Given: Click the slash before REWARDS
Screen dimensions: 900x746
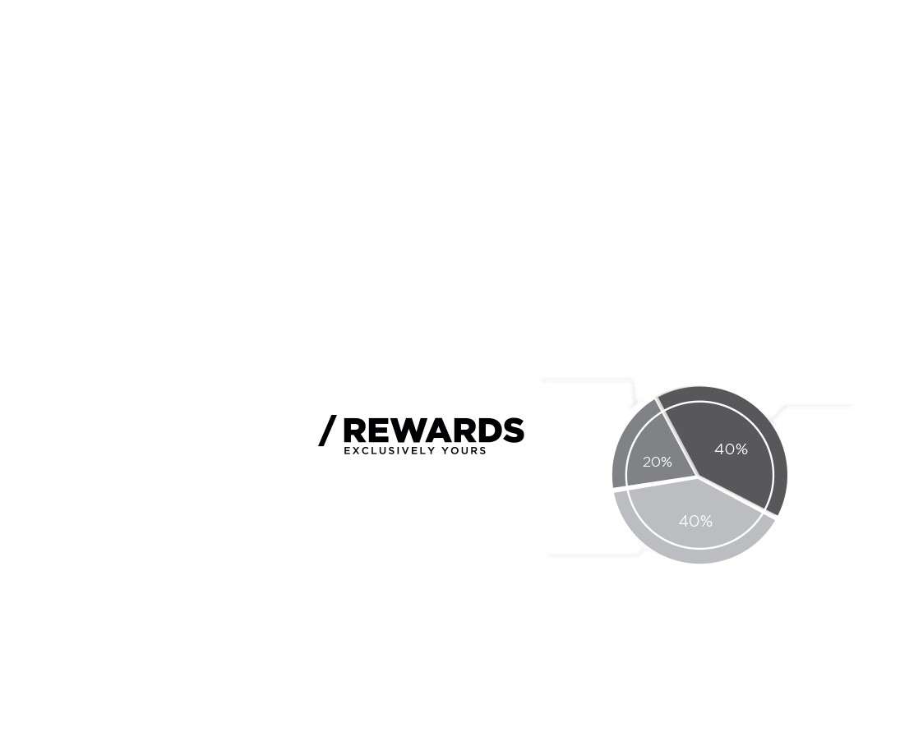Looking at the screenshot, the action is pyautogui.click(x=327, y=431).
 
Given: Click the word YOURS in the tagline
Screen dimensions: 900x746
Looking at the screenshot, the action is pyautogui.click(x=464, y=450).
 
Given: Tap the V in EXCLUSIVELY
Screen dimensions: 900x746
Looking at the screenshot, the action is pyautogui.click(x=407, y=450).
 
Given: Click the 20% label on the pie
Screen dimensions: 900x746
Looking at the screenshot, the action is pyautogui.click(x=658, y=462).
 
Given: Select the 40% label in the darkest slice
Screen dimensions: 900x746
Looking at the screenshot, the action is pyautogui.click(x=731, y=449).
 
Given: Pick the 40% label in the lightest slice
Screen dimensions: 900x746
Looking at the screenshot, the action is pyautogui.click(x=695, y=521).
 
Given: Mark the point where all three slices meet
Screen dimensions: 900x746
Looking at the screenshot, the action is pyautogui.click(x=698, y=476).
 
